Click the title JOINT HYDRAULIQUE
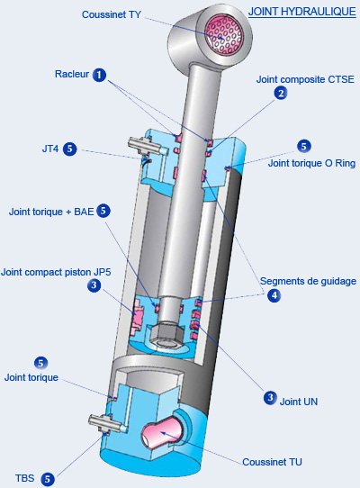click(301, 12)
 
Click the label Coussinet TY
click(111, 14)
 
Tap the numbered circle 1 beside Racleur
click(99, 75)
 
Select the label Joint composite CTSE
click(305, 79)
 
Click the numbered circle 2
click(281, 93)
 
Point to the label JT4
click(50, 149)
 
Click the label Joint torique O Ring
click(311, 163)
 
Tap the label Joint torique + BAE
click(51, 212)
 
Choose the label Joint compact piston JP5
click(56, 272)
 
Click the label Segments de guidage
click(308, 281)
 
